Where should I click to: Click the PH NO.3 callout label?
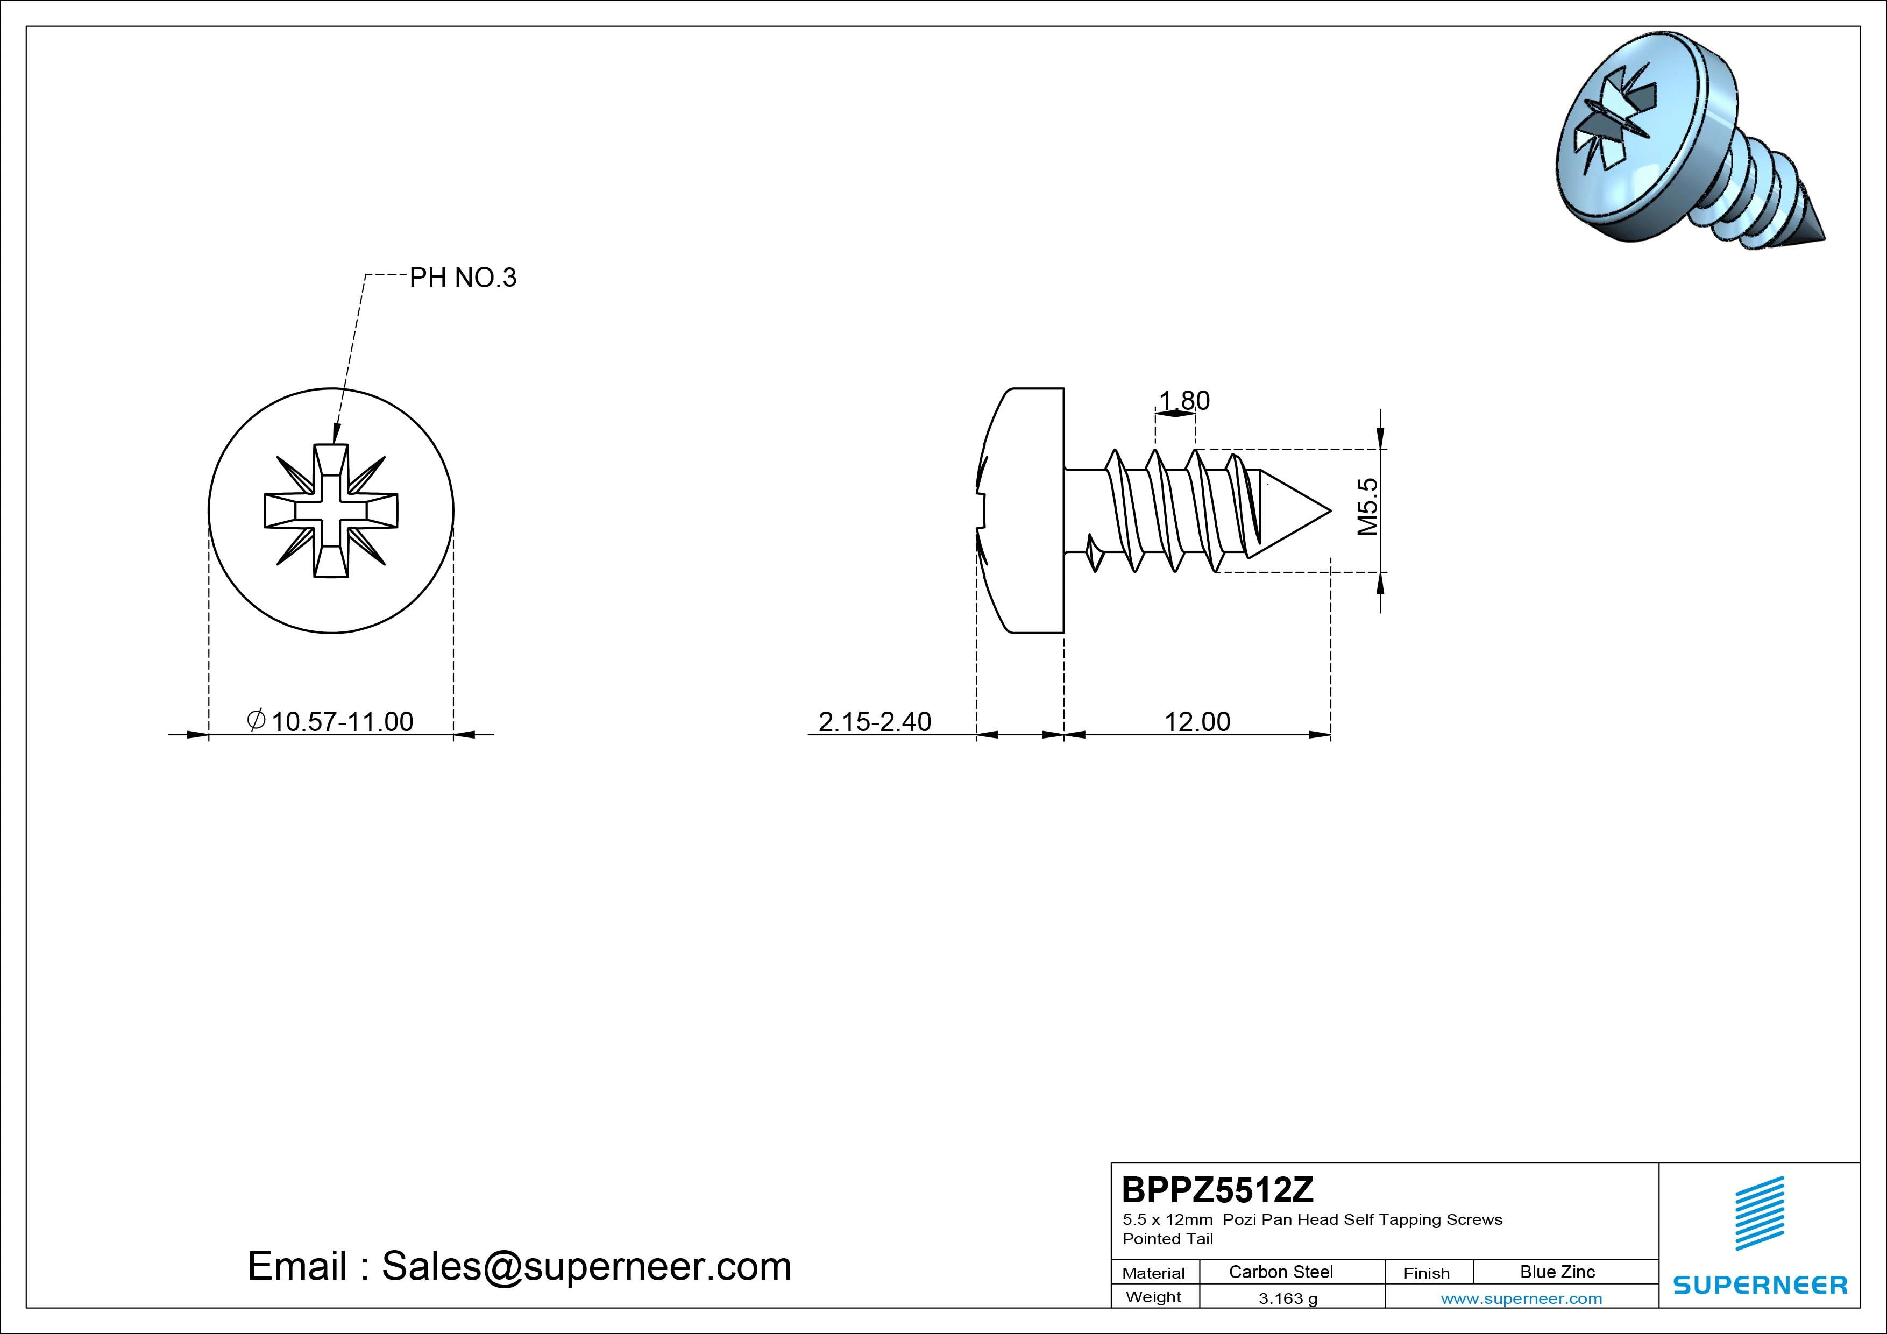click(x=463, y=278)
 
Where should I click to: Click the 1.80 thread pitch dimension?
click(x=1183, y=400)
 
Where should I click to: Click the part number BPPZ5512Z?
click(x=1218, y=1189)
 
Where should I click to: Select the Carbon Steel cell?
click(x=1280, y=1272)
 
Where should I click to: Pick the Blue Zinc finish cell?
click(x=1557, y=1272)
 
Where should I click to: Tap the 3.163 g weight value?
click(x=1288, y=1298)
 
